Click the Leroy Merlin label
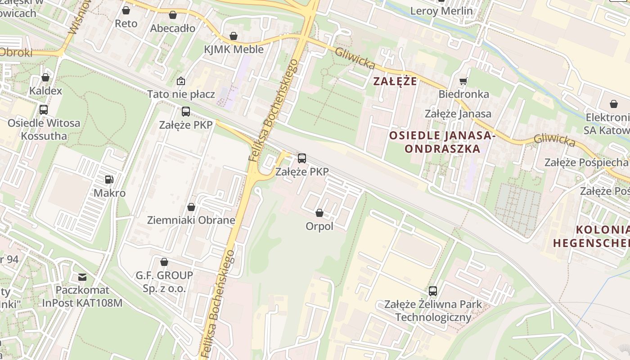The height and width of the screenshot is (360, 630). point(441,11)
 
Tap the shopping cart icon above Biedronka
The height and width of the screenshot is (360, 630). point(463,81)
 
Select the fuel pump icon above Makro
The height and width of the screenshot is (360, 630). point(109,180)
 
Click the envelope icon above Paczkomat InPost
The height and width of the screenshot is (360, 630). point(82,277)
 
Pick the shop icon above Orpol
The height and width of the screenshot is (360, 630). point(319,212)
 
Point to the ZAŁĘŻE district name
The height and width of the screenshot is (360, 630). point(395,81)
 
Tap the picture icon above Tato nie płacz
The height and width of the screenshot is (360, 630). point(181,81)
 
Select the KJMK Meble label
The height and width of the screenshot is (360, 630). point(234,49)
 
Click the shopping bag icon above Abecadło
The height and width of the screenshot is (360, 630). point(173,15)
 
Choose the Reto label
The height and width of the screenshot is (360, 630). point(126,23)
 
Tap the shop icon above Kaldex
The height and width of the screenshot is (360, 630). point(45,77)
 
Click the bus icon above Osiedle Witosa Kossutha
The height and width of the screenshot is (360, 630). point(44,109)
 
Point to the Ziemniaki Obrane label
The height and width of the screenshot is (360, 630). point(191,220)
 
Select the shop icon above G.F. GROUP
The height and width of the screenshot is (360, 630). point(164,261)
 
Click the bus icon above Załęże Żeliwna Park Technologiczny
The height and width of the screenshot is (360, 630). point(433,291)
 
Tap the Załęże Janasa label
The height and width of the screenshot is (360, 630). point(458,114)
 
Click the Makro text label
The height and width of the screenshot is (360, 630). point(109,193)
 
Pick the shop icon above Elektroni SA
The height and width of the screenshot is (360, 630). point(614,104)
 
